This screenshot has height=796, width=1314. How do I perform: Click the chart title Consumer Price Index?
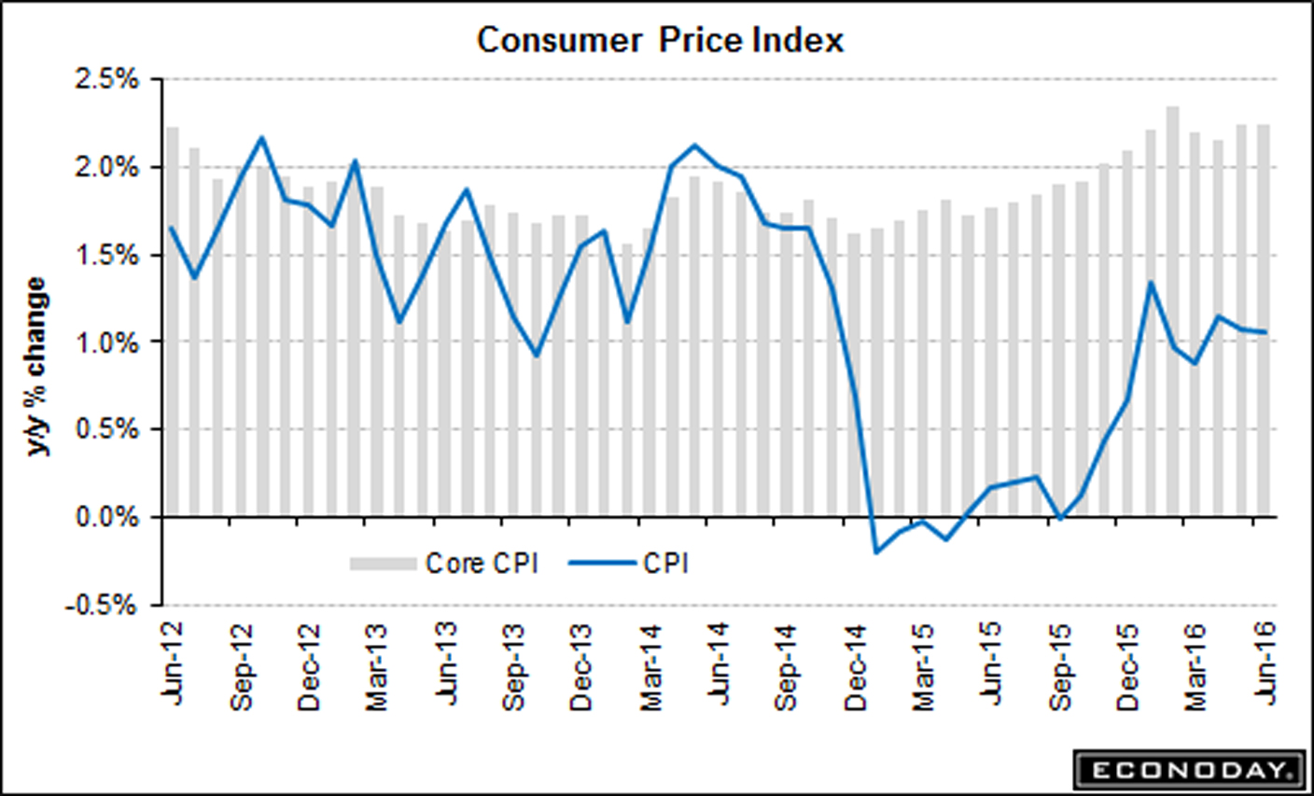(x=660, y=40)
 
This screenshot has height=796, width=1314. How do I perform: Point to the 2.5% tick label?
(x=108, y=80)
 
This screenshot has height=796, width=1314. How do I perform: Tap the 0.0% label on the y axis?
(x=108, y=517)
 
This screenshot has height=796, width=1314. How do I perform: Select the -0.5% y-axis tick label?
(x=103, y=605)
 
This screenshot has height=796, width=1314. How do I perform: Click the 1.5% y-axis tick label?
(x=108, y=255)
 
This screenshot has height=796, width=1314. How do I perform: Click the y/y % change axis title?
(x=36, y=366)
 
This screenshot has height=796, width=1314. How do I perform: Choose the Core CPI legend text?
(x=482, y=564)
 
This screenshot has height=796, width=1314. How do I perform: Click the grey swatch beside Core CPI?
(x=383, y=564)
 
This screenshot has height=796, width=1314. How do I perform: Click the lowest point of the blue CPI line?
(x=876, y=552)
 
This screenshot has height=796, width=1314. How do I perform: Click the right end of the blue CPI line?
(x=1265, y=331)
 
